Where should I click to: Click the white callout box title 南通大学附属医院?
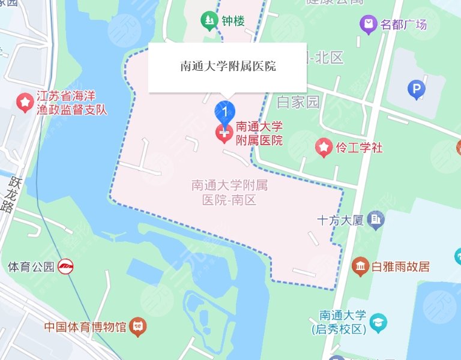click(x=228, y=67)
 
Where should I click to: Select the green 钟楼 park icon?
click(x=209, y=22)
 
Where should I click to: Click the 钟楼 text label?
click(x=234, y=22)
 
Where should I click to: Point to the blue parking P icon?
click(x=416, y=91)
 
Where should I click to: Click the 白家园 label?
click(x=298, y=102)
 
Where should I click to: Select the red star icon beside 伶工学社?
click(x=324, y=147)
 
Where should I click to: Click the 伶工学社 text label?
click(x=359, y=147)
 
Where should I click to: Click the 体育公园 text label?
click(x=31, y=266)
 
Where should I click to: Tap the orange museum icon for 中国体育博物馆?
click(x=139, y=328)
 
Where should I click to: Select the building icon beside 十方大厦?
click(x=376, y=220)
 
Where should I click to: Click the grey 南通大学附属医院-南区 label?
click(x=229, y=193)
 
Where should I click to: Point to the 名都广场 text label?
click(x=404, y=25)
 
